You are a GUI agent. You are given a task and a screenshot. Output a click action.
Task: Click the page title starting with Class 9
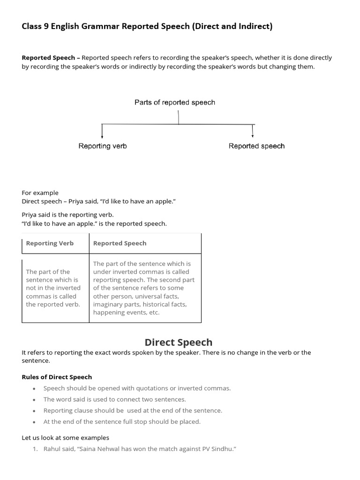click(x=147, y=26)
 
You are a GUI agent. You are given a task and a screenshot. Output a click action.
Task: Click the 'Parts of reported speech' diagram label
click(x=175, y=102)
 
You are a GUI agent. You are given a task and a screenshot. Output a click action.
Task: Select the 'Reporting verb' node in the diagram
click(x=103, y=146)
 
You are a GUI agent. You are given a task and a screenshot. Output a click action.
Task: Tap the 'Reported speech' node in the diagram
click(x=256, y=146)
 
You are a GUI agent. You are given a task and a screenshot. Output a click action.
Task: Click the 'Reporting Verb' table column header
click(x=50, y=243)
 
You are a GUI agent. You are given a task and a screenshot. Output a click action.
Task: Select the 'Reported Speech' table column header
click(x=120, y=243)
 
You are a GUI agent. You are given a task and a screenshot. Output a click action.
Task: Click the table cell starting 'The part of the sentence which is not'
click(x=53, y=288)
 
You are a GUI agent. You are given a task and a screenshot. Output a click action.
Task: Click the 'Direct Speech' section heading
click(x=178, y=342)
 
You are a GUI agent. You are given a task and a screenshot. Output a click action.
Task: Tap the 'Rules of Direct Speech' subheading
click(x=57, y=377)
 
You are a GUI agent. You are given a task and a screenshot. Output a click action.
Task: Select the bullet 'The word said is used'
click(x=114, y=399)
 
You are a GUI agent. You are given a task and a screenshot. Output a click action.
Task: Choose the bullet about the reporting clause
click(x=133, y=410)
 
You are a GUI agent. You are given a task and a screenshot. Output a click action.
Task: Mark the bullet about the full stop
click(x=122, y=421)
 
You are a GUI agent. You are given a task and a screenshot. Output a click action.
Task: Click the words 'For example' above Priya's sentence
click(x=40, y=193)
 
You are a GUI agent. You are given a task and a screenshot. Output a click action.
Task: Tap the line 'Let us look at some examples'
click(x=65, y=437)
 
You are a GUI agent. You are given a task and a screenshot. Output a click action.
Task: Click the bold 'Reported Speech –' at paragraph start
click(x=51, y=58)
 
